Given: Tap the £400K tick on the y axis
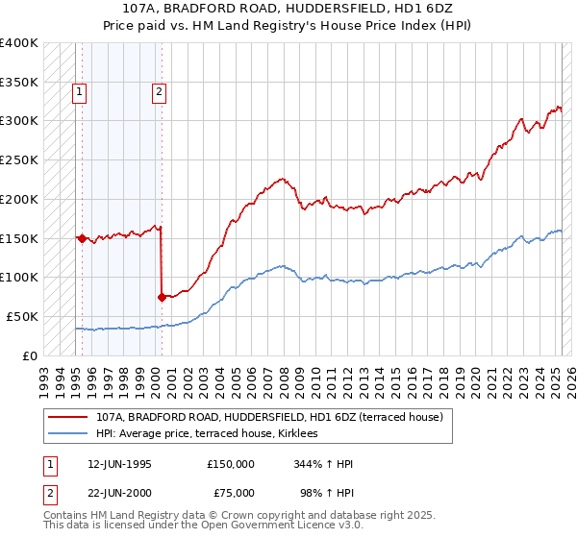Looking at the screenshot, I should tap(19, 43).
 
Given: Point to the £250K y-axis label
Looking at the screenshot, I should tap(19, 160).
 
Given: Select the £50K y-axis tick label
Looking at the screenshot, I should tap(22, 316).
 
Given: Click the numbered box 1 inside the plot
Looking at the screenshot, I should tap(78, 93).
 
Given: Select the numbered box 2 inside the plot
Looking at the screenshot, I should tap(158, 93).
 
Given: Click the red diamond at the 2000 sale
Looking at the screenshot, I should tap(162, 297).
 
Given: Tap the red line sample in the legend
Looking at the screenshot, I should tap(67, 417).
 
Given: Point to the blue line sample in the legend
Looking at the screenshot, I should tap(67, 434).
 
